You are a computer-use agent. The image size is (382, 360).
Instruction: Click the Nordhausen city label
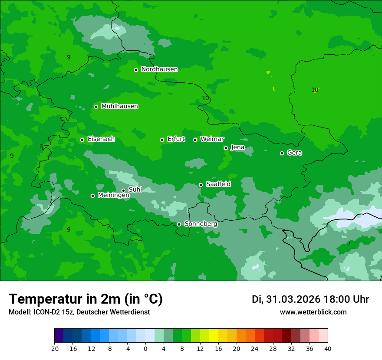tap(159, 69)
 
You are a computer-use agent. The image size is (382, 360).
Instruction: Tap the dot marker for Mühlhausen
tap(96, 107)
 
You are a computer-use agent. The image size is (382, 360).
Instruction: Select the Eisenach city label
tap(101, 139)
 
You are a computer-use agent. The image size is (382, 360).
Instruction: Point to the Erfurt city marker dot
tap(162, 140)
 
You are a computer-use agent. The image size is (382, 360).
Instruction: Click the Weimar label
tap(212, 139)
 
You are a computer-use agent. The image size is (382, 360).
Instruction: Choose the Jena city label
tap(237, 147)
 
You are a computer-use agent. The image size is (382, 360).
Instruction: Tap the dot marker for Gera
tap(282, 153)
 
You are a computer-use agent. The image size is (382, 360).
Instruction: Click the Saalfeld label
tap(218, 184)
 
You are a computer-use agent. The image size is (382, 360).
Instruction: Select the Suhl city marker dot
tap(123, 190)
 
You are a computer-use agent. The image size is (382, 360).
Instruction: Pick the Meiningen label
tap(113, 196)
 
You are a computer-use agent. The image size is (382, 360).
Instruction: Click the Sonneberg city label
tap(201, 224)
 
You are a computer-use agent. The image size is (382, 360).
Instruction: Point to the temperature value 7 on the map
tap(349, 243)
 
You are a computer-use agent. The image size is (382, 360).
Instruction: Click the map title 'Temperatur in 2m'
tap(86, 299)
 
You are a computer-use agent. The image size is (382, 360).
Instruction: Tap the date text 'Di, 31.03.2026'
tap(286, 299)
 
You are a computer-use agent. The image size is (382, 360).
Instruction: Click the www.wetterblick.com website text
tap(313, 312)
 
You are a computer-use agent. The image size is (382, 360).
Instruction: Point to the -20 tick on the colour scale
tap(54, 348)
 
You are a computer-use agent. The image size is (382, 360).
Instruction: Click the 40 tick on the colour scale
tap(328, 348)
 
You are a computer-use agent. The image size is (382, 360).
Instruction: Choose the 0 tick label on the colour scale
tap(145, 348)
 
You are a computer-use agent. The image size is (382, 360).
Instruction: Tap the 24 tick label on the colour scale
tap(255, 348)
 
